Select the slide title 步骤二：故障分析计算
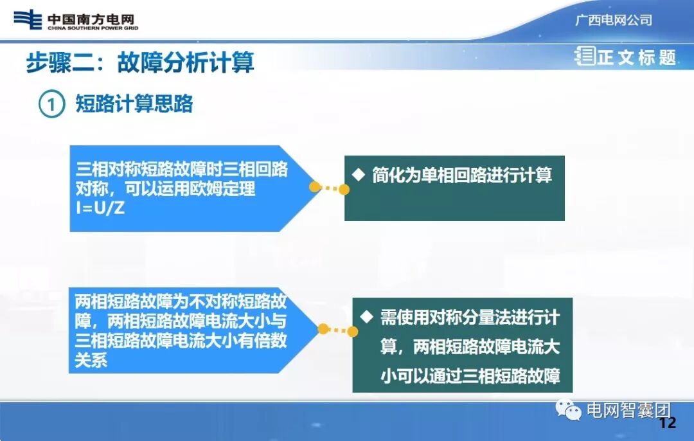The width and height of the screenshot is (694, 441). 140,63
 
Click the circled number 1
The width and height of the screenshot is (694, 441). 51,104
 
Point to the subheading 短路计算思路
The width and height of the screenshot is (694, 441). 134,104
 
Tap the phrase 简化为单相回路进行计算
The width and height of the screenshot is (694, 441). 461,175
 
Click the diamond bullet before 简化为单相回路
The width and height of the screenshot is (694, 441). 359,174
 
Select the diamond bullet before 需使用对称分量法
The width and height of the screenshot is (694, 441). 367,316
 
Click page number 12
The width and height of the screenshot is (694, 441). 668,423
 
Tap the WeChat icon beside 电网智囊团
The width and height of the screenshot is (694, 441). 569,409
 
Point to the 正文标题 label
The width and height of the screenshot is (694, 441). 636,58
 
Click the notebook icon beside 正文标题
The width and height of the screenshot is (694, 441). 585,57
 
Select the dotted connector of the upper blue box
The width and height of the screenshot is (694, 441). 329,188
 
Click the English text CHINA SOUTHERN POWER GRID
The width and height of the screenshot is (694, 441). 93,28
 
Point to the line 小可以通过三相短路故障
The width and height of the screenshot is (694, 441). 470,375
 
